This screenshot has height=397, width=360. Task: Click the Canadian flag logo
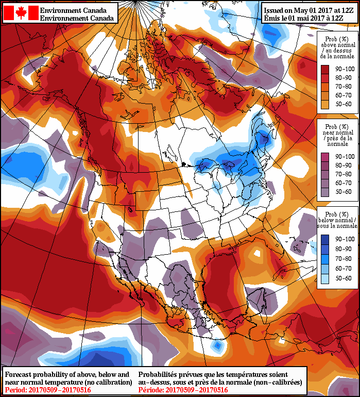tap(21, 13)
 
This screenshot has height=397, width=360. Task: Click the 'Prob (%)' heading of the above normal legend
tap(338, 39)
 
